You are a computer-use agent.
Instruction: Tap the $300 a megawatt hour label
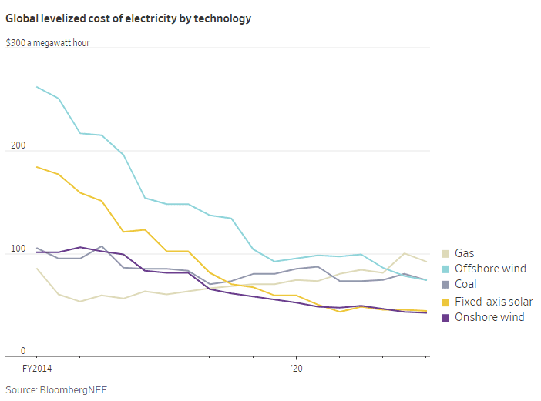pos(48,43)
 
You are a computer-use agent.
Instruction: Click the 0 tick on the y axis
pos(23,351)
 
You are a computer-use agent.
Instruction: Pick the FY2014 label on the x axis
pos(37,369)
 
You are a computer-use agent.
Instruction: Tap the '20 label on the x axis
pos(297,369)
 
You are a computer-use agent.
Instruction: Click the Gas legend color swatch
pos(445,252)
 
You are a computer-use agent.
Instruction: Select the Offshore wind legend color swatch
pos(445,269)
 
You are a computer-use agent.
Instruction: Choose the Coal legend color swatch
pos(445,285)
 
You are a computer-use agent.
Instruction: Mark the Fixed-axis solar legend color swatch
pos(445,301)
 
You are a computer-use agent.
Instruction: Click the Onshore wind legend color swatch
pos(445,317)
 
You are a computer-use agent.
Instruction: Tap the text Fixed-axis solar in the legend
pos(493,301)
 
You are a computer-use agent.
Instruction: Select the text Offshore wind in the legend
pos(490,269)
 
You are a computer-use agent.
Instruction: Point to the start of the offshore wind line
pos(36,87)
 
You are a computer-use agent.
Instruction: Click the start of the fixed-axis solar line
pos(36,166)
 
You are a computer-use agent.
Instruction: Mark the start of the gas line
pos(36,268)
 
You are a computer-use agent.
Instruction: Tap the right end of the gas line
pos(427,262)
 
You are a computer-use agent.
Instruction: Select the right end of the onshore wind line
pos(427,312)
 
